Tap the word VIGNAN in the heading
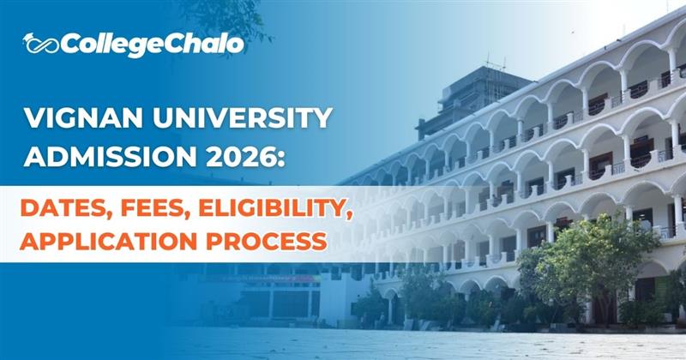(75, 119)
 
